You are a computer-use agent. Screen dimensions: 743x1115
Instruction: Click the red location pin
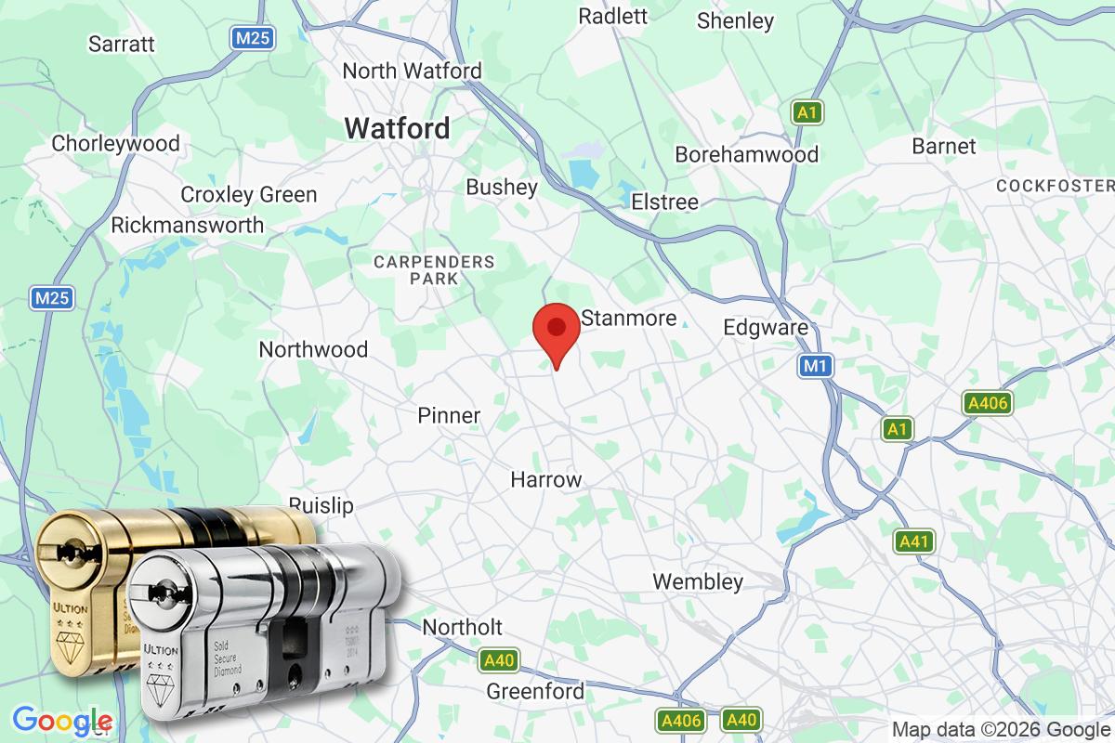coord(557,330)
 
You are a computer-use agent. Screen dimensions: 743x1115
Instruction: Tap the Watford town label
coord(398,128)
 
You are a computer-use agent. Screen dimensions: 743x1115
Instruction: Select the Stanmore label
coord(629,319)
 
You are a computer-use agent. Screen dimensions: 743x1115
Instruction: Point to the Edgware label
coord(766,328)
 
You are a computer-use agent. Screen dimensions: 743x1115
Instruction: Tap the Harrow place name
coord(546,480)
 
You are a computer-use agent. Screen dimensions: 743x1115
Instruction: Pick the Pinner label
coord(449,415)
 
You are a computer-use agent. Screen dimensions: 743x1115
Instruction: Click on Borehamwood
coord(747,154)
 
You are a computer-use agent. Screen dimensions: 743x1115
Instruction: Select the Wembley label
coord(698,582)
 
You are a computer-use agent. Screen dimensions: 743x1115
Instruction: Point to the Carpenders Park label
coord(434,269)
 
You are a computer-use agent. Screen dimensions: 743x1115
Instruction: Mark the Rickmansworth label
coord(187,225)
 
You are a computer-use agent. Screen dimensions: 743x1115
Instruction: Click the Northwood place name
coord(313,349)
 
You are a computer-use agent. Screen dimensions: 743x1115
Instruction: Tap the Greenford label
coord(536,692)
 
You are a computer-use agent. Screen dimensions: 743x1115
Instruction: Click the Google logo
coord(62,721)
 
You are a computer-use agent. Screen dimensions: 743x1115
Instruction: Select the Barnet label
coord(944,146)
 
